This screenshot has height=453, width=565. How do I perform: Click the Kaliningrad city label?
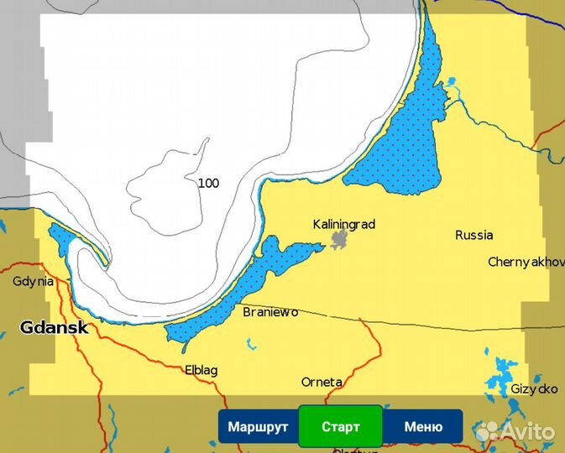(x=343, y=224)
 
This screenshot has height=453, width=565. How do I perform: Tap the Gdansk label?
(x=54, y=327)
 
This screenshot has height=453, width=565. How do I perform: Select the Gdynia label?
(x=34, y=281)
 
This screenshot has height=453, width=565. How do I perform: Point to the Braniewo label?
(x=270, y=312)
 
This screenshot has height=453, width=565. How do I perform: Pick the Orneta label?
(x=322, y=382)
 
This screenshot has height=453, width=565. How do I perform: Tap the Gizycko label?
(x=535, y=389)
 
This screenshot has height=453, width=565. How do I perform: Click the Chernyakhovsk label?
(x=526, y=262)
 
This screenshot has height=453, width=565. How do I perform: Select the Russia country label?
(x=474, y=235)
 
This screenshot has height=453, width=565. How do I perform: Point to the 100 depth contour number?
(x=208, y=182)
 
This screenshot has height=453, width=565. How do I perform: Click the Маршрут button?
(x=258, y=426)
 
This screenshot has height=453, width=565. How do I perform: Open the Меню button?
(x=422, y=426)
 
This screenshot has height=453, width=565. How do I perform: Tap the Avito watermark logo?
(x=515, y=431)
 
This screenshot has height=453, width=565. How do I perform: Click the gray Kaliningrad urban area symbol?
(x=340, y=242)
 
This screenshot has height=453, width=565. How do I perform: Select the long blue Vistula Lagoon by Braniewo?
(x=243, y=285)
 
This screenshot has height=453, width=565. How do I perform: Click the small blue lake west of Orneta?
(x=249, y=343)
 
